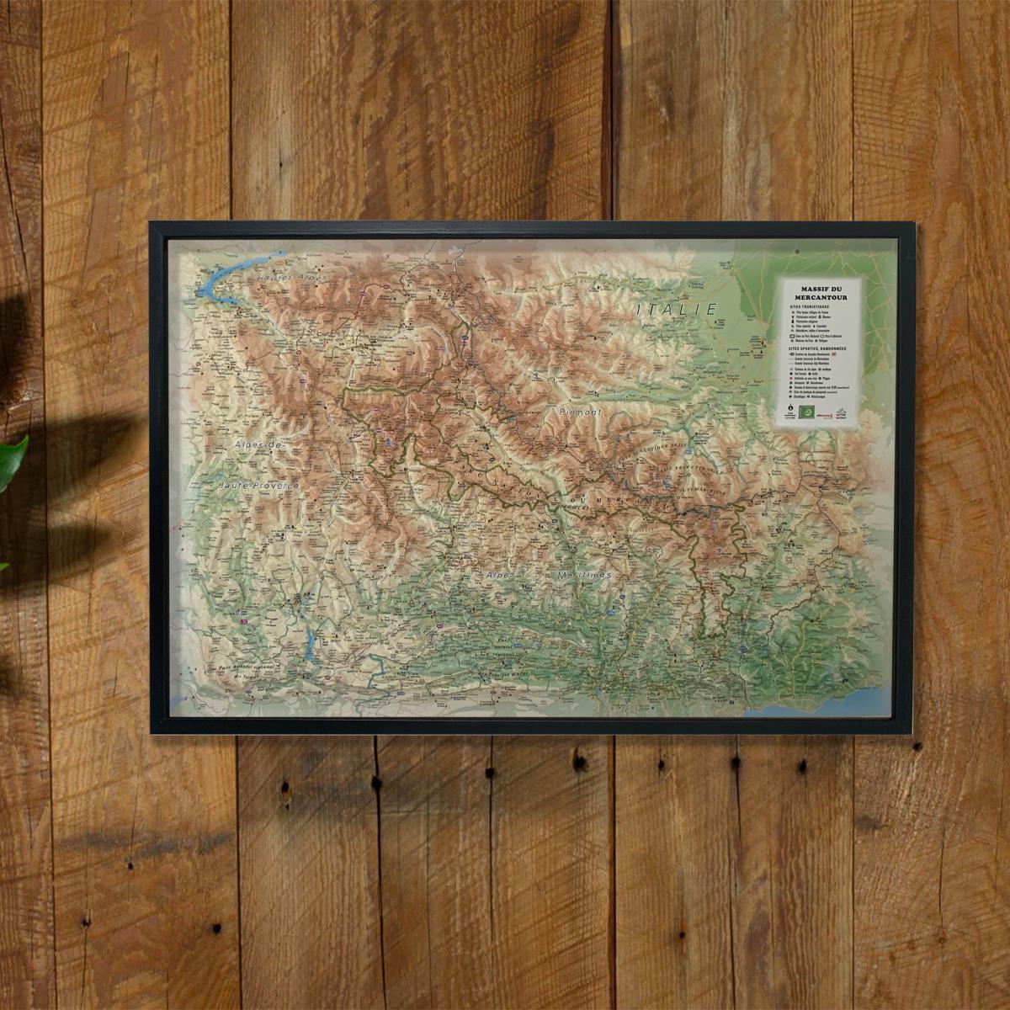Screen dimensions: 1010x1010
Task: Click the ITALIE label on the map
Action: click(x=677, y=310)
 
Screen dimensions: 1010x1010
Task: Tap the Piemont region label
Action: click(x=580, y=413)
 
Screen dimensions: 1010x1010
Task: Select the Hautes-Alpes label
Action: click(x=290, y=277)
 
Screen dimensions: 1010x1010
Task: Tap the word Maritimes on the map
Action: click(x=582, y=574)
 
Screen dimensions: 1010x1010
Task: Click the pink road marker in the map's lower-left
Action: click(x=244, y=622)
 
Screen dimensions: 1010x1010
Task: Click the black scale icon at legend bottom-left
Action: click(x=789, y=413)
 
